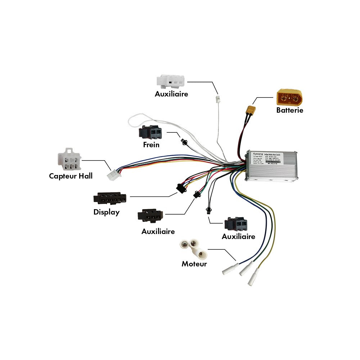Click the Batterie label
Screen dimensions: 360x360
tap(289, 110)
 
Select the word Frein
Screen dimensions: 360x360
tap(151, 145)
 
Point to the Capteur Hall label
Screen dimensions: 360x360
tap(71, 176)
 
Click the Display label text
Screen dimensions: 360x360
tap(106, 212)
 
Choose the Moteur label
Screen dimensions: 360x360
tap(194, 264)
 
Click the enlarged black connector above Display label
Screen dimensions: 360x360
tap(110, 198)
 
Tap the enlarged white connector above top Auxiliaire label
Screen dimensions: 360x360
tap(171, 81)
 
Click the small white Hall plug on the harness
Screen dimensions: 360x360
tap(113, 175)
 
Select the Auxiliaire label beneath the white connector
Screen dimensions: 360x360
tap(171, 94)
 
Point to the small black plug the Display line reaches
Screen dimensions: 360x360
tap(180, 188)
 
